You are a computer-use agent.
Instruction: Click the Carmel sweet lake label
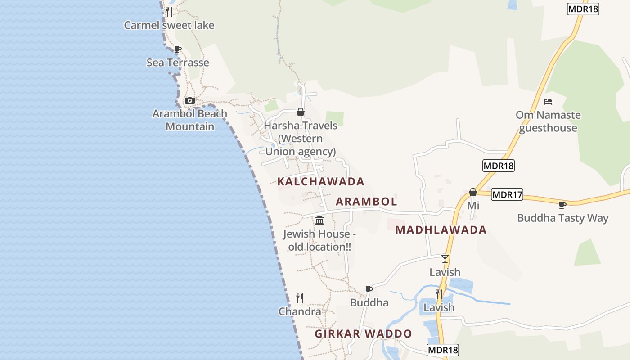click(x=169, y=25)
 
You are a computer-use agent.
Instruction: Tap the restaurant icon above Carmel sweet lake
click(x=169, y=12)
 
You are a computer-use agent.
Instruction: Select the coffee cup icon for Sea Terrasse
click(x=178, y=49)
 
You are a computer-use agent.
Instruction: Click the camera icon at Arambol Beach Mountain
click(x=190, y=100)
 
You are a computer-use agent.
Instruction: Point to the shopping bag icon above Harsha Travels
click(x=300, y=112)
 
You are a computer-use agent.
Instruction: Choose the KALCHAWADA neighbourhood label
click(x=321, y=182)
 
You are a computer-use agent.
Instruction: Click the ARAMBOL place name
click(x=366, y=202)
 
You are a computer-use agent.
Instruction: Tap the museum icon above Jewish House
click(x=319, y=220)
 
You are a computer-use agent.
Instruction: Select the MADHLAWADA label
click(x=441, y=230)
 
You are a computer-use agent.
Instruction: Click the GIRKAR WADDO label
click(x=363, y=334)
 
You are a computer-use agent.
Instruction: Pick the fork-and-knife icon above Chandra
click(x=300, y=298)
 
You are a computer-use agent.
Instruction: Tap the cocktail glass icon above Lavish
click(x=445, y=259)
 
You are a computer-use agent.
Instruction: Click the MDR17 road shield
click(x=507, y=195)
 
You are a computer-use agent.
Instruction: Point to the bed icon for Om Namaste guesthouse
click(x=548, y=102)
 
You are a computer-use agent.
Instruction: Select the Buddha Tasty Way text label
click(x=562, y=218)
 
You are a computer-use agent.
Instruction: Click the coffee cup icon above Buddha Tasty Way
click(x=562, y=205)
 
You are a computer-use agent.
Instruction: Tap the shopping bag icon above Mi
click(x=472, y=193)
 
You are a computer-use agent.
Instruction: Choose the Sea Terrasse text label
click(x=178, y=63)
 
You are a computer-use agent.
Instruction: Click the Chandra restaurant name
click(x=300, y=311)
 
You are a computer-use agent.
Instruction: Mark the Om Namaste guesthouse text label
click(x=548, y=121)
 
